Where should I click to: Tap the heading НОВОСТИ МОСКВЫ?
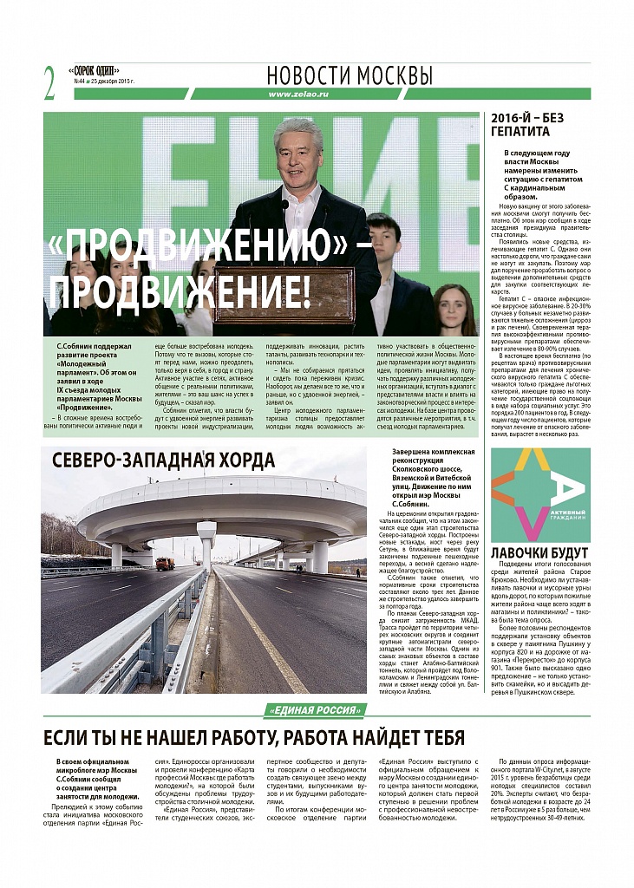[x=350, y=74]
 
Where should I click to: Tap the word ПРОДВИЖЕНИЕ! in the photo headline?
[x=179, y=292]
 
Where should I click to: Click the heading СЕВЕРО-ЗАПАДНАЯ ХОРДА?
[x=163, y=460]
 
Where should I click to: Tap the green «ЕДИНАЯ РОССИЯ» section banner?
[x=315, y=710]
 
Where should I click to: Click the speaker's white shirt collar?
[x=302, y=190]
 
